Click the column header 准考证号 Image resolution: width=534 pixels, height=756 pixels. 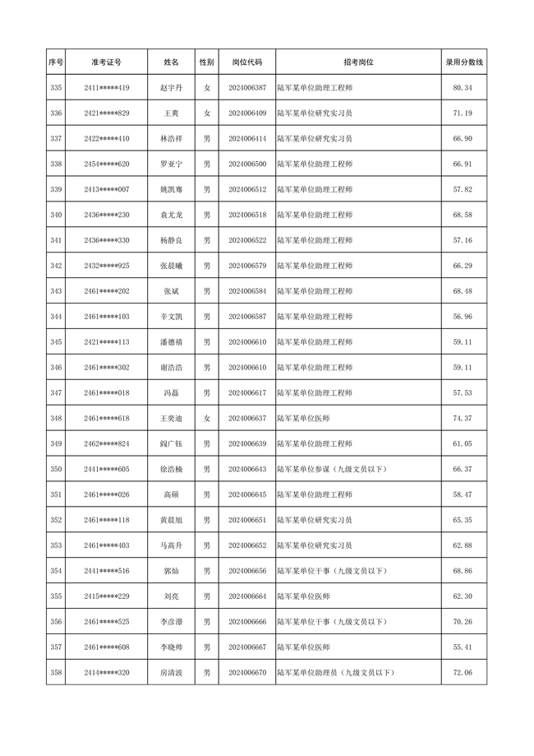(x=106, y=62)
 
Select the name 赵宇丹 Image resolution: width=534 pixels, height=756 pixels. (x=171, y=87)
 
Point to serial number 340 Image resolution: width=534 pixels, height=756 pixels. (x=56, y=215)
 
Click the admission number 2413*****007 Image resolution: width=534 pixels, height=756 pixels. (x=106, y=189)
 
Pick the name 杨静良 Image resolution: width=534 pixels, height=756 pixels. (x=171, y=240)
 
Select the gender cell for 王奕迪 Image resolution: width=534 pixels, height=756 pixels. (x=207, y=418)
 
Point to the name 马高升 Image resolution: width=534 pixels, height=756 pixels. (x=171, y=545)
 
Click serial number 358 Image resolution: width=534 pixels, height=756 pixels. (x=56, y=673)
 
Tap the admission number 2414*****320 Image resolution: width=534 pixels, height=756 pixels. (x=106, y=673)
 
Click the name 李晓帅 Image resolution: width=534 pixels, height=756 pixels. (x=171, y=647)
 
